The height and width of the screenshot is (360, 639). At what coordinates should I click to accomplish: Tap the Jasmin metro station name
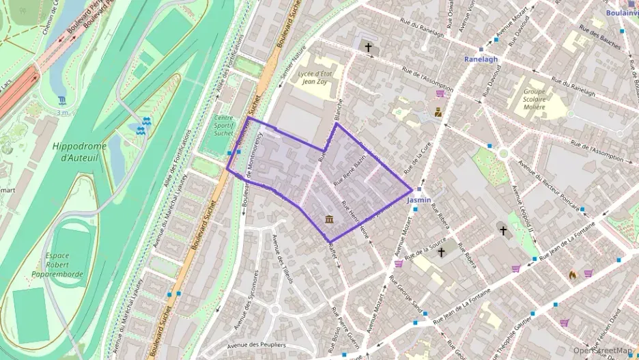418,201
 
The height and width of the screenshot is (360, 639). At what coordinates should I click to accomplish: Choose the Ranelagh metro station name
481,59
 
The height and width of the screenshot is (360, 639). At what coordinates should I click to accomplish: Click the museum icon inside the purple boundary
330,219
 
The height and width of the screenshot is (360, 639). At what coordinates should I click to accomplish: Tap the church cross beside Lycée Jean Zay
369,48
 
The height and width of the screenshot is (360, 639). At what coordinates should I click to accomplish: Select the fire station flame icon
572,275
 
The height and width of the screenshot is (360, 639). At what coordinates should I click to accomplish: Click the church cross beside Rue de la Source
441,253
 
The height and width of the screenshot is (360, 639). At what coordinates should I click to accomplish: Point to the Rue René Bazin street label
350,171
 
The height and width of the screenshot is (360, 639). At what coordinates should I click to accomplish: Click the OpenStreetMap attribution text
603,350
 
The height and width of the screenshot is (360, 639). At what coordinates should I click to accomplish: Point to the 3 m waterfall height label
63,111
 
